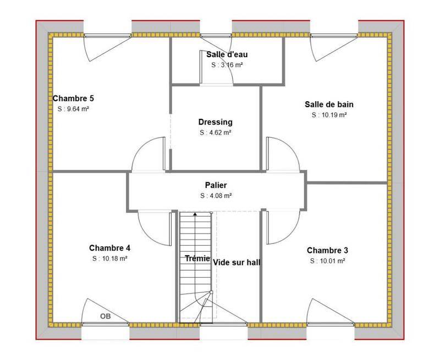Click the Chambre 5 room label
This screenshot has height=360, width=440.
[x=73, y=98]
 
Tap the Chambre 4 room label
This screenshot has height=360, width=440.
[x=109, y=248]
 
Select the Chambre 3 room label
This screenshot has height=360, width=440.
[x=327, y=251]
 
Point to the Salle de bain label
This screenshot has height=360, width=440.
[x=329, y=104]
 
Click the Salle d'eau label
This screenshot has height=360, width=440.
[x=227, y=54]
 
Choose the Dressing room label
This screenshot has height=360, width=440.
[x=216, y=122]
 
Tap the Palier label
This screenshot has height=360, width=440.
[x=216, y=185]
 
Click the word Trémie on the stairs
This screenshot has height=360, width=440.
[x=197, y=258]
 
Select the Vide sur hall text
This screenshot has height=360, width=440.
[x=237, y=263]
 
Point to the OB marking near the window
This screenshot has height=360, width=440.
[x=106, y=316]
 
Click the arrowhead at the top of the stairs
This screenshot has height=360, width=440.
[x=195, y=214]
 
